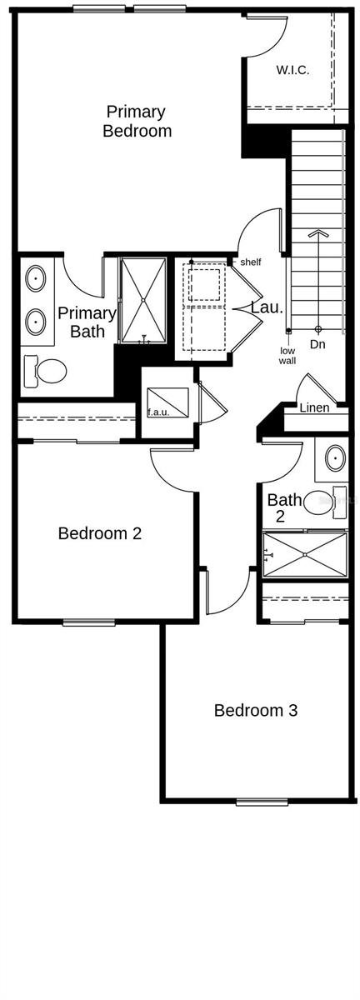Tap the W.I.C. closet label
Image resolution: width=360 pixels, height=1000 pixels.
point(292,71)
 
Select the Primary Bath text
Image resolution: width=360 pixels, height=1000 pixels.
point(87,322)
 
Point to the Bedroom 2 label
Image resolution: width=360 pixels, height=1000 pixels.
point(99,533)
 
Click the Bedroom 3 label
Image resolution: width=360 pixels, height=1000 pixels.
point(256,711)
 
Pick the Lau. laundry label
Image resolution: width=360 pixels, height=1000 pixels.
point(268,307)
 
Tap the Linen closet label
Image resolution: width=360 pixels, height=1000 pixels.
point(314,407)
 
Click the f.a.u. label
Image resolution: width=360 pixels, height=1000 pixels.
point(159,412)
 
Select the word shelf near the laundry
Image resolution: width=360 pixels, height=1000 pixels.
point(250,262)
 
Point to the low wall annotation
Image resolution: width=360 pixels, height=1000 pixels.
point(287,356)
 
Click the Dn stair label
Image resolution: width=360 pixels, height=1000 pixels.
point(317,343)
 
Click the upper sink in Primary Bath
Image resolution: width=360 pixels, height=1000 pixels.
point(37,278)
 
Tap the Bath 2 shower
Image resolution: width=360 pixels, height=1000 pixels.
point(305,554)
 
